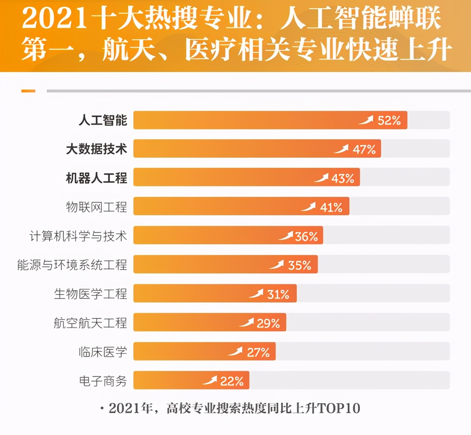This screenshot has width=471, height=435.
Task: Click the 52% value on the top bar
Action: [389, 120]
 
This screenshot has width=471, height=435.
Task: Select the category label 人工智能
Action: [102, 120]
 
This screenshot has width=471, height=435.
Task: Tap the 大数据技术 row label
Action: [96, 149]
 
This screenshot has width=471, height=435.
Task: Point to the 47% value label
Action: [364, 149]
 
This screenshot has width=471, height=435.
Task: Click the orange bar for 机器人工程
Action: [222, 177]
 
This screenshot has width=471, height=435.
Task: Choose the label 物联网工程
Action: [96, 207]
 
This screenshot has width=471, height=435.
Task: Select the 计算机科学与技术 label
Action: [78, 236]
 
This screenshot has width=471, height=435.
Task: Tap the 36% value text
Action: [306, 236]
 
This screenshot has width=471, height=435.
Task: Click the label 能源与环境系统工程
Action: [72, 265]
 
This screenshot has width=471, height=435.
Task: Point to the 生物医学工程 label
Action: [90, 294]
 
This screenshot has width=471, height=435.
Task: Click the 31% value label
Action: [278, 294]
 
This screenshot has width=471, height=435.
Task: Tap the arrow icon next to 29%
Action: [247, 322]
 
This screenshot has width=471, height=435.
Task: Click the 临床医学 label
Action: [102, 352]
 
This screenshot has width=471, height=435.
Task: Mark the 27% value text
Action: [258, 352]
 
